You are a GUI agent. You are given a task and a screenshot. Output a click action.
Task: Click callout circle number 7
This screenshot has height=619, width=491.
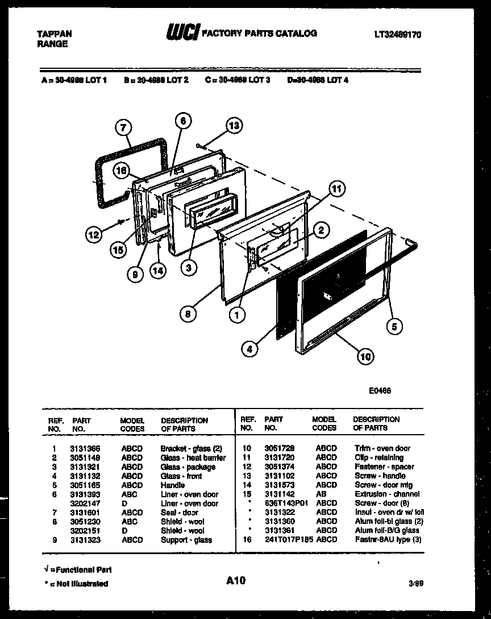(123, 128)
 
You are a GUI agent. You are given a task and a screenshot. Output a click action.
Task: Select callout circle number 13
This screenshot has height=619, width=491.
(234, 126)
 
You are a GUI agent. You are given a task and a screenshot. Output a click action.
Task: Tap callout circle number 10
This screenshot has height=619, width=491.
(365, 357)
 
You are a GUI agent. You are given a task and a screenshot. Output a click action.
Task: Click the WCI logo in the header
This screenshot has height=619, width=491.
(182, 34)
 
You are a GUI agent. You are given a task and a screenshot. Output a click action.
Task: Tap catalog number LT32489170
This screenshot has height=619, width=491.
(397, 35)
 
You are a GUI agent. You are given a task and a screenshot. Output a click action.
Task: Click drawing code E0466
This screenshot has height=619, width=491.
(380, 391)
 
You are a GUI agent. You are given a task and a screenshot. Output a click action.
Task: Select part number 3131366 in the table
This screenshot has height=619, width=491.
(85, 448)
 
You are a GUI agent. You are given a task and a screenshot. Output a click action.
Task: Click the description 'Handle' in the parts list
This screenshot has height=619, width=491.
(172, 485)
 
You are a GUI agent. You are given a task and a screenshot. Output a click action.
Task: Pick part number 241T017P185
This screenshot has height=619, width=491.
(289, 539)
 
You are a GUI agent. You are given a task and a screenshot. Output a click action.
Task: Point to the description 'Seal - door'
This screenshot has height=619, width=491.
(179, 513)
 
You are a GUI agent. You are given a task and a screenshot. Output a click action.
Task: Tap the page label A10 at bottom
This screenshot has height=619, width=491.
(235, 580)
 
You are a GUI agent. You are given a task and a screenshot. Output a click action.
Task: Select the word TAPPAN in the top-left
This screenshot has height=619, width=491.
(55, 34)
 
